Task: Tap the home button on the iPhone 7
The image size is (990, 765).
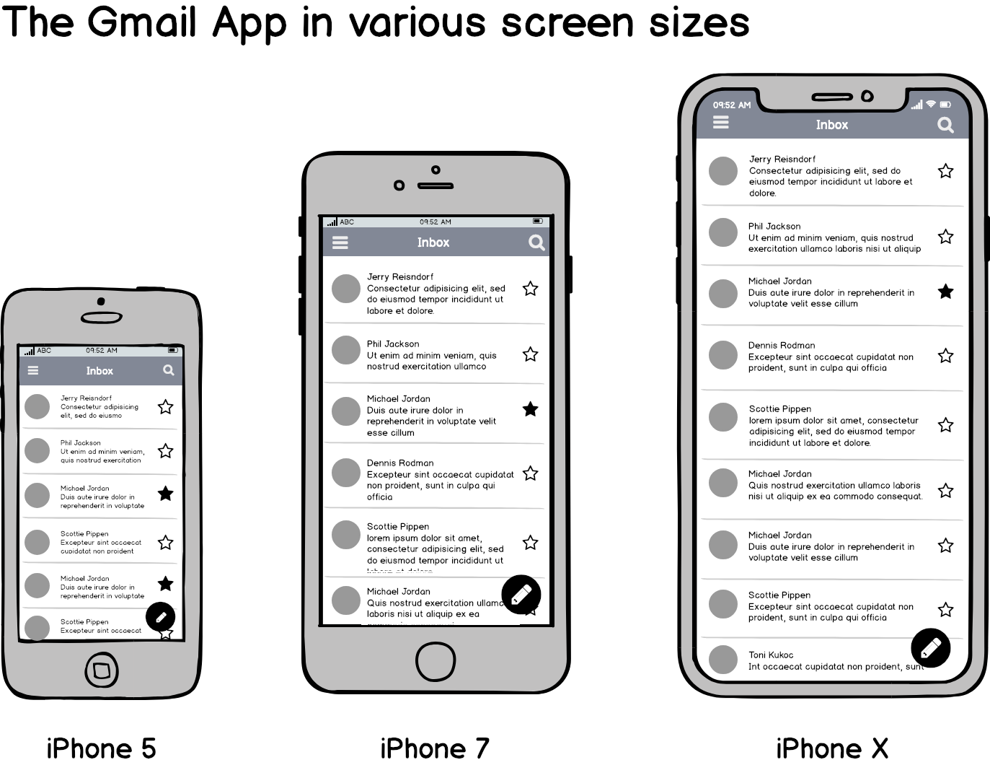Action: click(436, 660)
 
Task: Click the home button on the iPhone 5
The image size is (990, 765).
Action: click(102, 670)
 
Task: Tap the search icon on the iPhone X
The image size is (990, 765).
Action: click(945, 126)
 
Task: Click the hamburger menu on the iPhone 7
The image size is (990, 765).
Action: click(340, 243)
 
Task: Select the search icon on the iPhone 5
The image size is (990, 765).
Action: click(169, 370)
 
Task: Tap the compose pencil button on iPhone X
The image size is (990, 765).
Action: click(930, 648)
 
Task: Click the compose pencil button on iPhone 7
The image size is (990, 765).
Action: click(521, 595)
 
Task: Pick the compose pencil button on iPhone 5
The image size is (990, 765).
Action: click(161, 617)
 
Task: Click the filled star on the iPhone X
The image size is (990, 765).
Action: click(945, 292)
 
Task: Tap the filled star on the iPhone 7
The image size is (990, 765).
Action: click(530, 409)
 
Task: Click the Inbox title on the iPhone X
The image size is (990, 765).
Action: click(831, 125)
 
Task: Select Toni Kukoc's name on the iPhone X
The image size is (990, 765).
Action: click(771, 655)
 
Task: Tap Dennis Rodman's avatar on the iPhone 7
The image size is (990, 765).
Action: click(346, 473)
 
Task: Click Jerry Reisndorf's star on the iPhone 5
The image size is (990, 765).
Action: click(165, 407)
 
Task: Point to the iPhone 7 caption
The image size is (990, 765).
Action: click(434, 748)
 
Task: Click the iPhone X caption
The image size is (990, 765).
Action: click(831, 748)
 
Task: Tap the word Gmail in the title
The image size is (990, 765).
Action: click(142, 23)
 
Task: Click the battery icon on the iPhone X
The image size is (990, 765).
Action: click(945, 105)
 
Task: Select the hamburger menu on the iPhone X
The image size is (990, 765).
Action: click(720, 123)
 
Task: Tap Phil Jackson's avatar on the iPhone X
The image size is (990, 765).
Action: click(722, 232)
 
